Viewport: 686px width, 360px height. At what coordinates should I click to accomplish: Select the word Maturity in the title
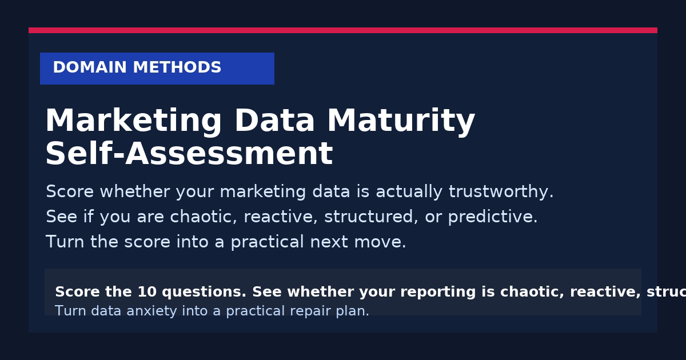[401, 121]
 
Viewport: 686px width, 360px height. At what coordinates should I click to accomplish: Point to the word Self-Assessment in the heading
[189, 154]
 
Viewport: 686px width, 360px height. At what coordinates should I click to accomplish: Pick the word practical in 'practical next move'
[266, 242]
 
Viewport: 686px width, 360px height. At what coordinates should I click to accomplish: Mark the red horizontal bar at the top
[343, 30]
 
